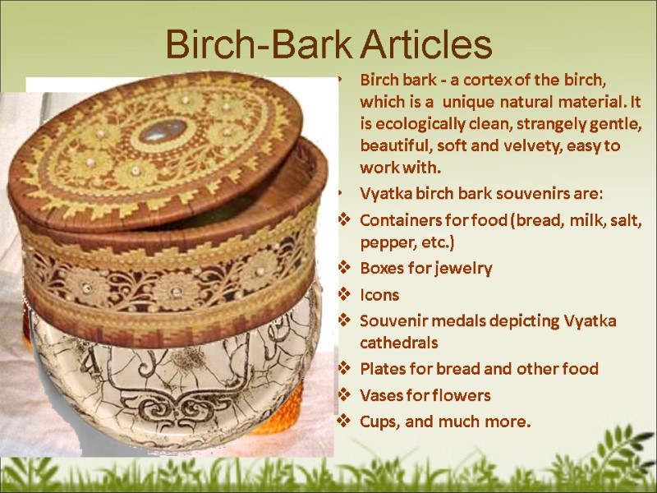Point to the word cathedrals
399,341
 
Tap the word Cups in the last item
378,422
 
